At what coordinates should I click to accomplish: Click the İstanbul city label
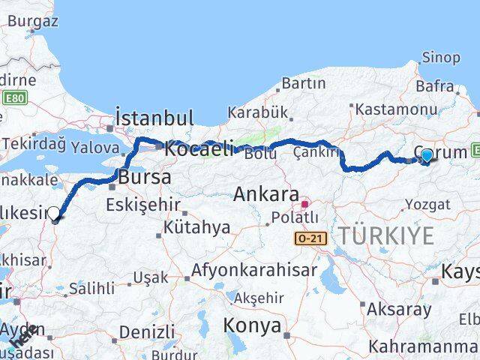coord(154,118)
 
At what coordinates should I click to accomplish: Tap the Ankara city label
coord(266,194)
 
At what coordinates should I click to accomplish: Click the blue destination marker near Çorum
coord(427,156)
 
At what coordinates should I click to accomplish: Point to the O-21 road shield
coord(310,237)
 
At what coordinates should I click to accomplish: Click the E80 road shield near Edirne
coord(13,97)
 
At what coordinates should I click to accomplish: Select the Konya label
coord(251,326)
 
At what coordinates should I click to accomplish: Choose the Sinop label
coord(441,58)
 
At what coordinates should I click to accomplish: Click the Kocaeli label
coord(199,148)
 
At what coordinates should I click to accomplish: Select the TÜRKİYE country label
coord(385,235)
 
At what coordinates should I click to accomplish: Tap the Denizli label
coord(147,331)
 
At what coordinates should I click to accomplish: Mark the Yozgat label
coord(427,205)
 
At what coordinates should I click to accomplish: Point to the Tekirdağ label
coord(32,143)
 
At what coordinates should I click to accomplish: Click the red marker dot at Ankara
coord(304,203)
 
